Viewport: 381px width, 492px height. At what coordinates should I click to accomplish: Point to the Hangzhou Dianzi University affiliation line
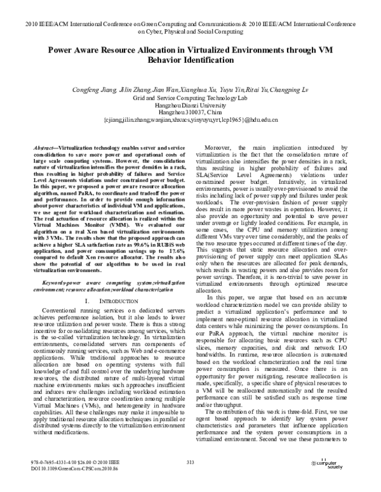pos(190,108)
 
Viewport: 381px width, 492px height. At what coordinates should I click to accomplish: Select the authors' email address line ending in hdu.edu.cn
pos(190,126)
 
